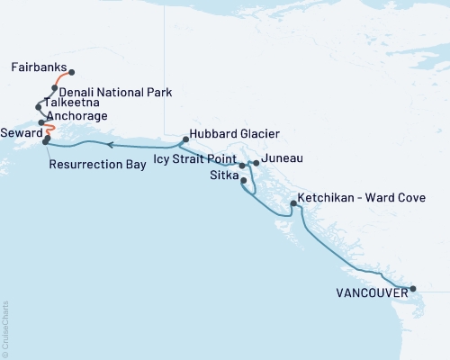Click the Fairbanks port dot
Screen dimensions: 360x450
(x=71, y=73)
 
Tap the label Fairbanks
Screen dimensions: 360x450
(x=39, y=67)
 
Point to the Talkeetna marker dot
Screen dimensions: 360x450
(x=38, y=106)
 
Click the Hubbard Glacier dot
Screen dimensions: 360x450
(x=184, y=139)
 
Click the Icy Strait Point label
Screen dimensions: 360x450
(x=195, y=159)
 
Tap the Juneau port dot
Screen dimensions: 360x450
(x=256, y=163)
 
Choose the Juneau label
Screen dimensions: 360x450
(x=281, y=158)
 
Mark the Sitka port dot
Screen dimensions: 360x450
(x=244, y=181)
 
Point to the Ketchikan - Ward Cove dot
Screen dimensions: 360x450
(x=293, y=204)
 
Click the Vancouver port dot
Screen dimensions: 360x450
(x=413, y=289)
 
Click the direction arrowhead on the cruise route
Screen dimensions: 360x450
(x=108, y=144)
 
